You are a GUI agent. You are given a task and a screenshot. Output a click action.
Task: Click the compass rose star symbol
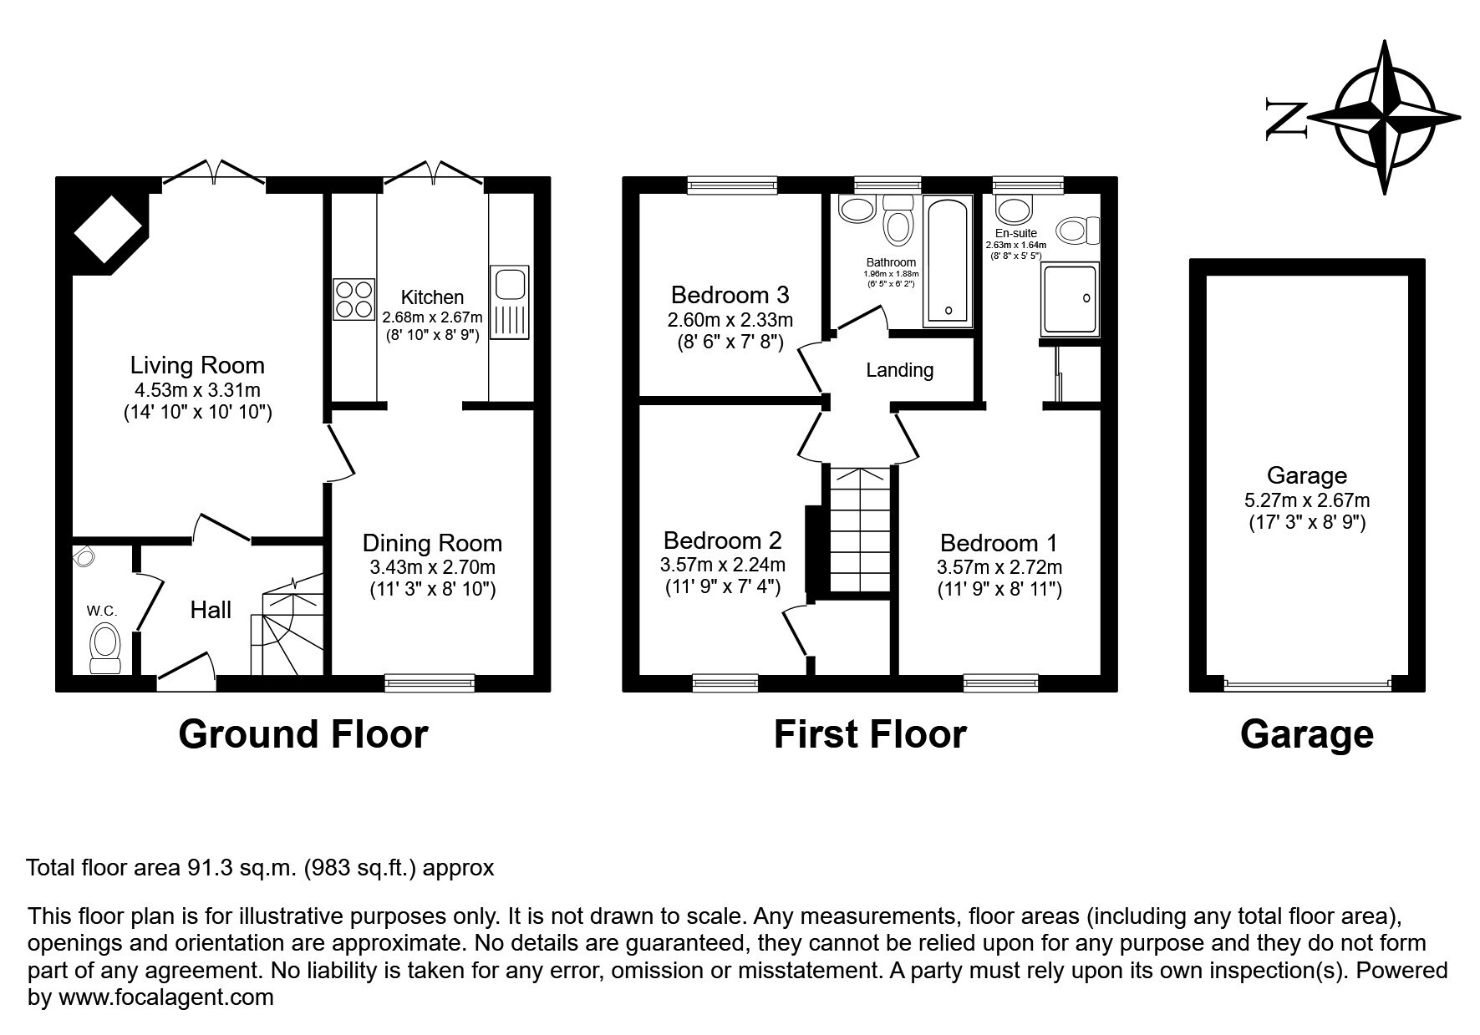coord(1387,117)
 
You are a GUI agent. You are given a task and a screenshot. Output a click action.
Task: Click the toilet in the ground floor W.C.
coord(106,648)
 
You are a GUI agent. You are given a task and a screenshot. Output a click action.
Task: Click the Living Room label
coord(197,365)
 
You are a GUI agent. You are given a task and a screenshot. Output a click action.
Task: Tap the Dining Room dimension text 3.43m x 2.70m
coord(433,567)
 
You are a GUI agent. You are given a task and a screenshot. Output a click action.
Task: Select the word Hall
coord(211,610)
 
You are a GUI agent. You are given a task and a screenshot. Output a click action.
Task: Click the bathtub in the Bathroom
coord(949,261)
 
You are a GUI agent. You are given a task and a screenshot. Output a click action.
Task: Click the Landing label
coord(899,370)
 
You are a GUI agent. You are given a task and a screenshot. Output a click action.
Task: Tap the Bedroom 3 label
coord(730,295)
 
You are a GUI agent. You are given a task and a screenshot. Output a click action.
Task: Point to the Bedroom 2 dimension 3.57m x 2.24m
coord(723,565)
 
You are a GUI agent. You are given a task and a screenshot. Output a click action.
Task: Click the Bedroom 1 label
coord(999,543)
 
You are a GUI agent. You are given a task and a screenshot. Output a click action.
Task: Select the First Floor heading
coord(870,734)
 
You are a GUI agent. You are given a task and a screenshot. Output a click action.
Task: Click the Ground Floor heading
coord(303,734)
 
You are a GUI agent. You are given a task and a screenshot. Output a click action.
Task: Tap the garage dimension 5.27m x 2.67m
coord(1307,501)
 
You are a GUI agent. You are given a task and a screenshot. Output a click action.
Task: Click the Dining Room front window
coord(430,683)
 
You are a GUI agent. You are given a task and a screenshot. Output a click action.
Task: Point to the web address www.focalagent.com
coord(163,997)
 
